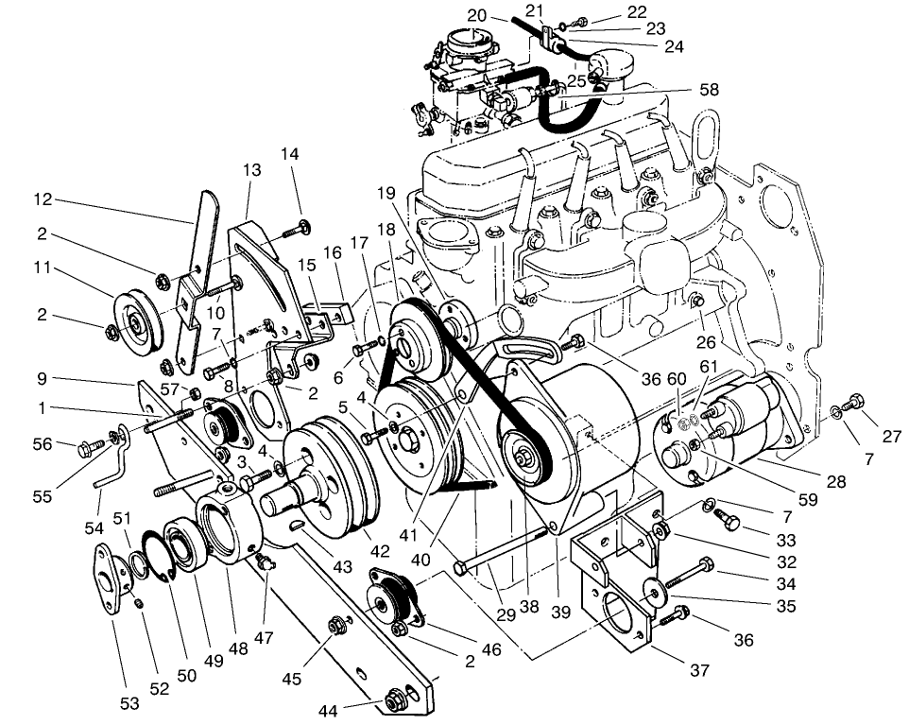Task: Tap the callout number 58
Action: coord(708,90)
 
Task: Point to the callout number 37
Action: coord(699,671)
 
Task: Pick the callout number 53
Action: coord(129,702)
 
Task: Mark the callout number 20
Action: coord(476,15)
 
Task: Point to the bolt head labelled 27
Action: coord(856,401)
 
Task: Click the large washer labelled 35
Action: coord(653,590)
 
